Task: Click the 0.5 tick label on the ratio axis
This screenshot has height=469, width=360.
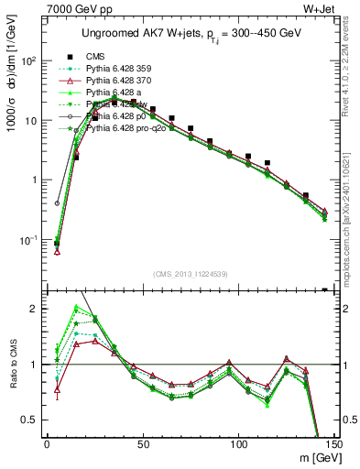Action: coord(30,420)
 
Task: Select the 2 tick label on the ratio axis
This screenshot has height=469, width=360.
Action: coord(35,309)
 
